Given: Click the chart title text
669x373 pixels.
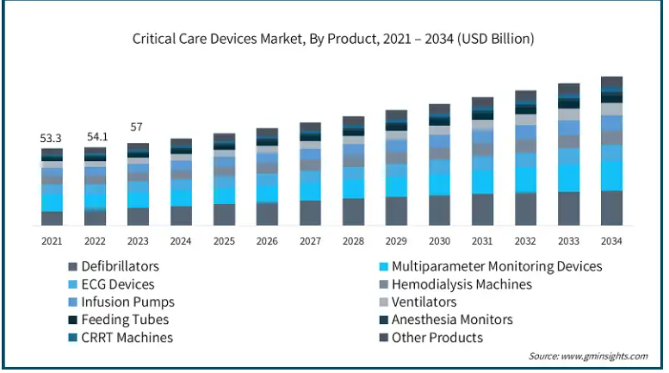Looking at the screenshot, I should (x=333, y=38).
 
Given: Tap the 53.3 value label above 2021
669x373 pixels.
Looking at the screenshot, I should (x=52, y=138).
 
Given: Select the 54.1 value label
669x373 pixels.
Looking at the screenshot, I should (x=95, y=137).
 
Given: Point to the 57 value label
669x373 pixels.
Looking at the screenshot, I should (x=137, y=127).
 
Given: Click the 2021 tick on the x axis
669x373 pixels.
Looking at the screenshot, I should (x=52, y=241).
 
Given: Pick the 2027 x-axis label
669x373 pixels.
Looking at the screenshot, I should (x=310, y=241).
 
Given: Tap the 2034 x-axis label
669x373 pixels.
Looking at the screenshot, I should (x=611, y=241).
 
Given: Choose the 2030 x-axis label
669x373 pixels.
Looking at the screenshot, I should (x=439, y=241).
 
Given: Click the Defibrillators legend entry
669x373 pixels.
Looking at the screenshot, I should (x=120, y=266).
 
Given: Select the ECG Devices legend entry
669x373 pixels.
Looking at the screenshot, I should (x=118, y=284).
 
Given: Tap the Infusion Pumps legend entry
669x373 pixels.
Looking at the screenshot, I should (x=127, y=302).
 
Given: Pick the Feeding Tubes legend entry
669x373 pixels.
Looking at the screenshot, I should (x=125, y=320).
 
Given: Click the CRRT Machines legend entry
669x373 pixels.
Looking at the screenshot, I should (x=127, y=338).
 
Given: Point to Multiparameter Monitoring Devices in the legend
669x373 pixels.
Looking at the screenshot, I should (x=497, y=266).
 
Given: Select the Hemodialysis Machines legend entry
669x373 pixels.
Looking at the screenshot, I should (x=461, y=284).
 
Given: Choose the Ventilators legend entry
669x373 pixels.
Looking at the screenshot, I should (x=424, y=302).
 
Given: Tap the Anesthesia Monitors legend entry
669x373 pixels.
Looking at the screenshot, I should (x=452, y=320).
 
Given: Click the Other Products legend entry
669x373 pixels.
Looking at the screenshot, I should (x=437, y=338).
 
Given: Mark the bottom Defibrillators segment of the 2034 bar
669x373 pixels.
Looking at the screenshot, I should (x=611, y=208).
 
